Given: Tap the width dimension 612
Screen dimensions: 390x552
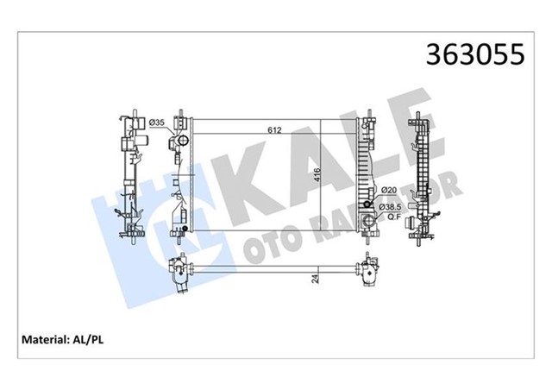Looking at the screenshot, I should click(273, 130).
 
